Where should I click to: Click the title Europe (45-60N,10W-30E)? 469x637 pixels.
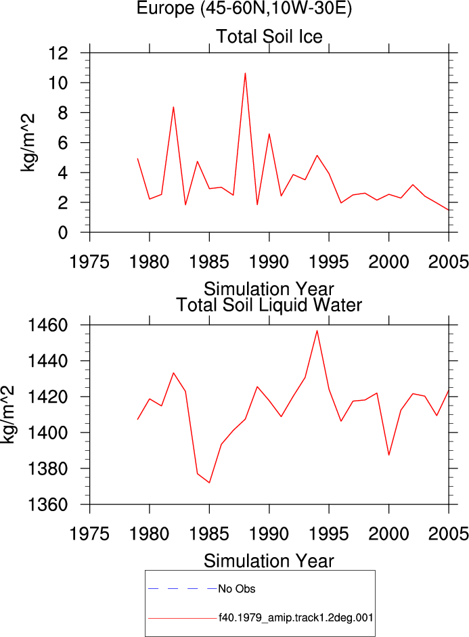[x=244, y=8]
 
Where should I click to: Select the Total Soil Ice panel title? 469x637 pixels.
[x=269, y=37]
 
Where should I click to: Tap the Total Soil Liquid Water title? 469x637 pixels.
[x=269, y=305]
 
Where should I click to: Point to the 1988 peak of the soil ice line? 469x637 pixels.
[x=245, y=73]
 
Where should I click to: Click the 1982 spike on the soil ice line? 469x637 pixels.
[x=173, y=107]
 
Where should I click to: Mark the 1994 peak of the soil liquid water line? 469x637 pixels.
[x=317, y=331]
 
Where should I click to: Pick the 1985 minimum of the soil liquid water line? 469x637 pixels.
[x=209, y=483]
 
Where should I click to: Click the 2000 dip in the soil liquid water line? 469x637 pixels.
[x=389, y=455]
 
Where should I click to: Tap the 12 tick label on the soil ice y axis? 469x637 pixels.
[x=58, y=53]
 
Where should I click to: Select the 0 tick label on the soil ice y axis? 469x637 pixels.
[x=63, y=233]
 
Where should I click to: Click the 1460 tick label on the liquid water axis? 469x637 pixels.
[x=47, y=326]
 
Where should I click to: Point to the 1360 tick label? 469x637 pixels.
[x=47, y=505]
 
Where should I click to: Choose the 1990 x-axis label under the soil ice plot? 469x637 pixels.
[x=269, y=261]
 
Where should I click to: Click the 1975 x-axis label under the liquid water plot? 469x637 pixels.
[x=89, y=533]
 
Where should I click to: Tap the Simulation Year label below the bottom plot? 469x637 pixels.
[x=269, y=561]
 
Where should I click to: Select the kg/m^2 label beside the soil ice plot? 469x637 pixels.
[x=28, y=143]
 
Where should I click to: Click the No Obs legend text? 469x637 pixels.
[x=237, y=589]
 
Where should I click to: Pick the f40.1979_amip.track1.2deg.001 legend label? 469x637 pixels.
[x=296, y=618]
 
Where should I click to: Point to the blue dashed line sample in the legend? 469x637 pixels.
[x=183, y=589]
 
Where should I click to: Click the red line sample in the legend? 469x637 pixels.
[x=183, y=618]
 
